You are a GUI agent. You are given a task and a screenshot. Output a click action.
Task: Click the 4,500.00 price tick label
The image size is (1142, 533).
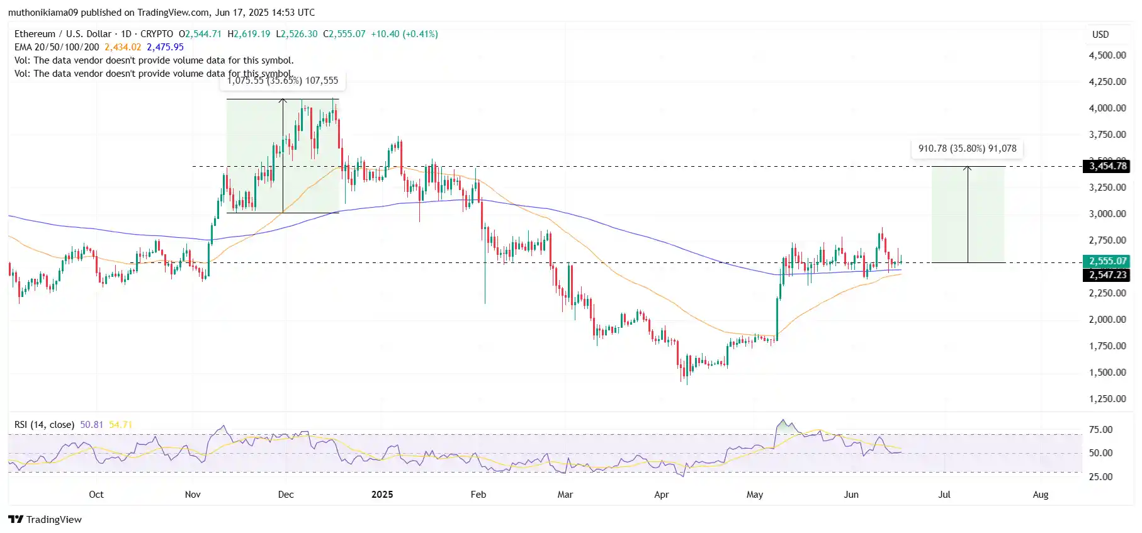1107,55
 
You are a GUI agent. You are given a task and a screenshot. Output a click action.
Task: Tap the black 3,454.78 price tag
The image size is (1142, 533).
1107,166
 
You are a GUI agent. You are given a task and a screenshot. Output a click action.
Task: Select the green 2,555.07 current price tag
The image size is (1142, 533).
1107,261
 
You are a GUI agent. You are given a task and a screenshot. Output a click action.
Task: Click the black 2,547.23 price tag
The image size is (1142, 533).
1107,275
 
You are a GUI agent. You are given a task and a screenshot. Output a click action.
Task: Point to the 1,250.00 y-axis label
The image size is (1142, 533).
1107,398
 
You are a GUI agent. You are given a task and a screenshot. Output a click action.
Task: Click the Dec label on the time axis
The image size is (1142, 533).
286,495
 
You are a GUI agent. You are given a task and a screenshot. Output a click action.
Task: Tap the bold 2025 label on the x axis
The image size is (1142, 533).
382,495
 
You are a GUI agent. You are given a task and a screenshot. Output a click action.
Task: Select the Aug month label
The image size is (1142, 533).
1041,495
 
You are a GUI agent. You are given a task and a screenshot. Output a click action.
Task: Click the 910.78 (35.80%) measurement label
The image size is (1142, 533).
967,149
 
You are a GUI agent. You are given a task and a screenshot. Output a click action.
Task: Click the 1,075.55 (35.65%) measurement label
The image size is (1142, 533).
282,81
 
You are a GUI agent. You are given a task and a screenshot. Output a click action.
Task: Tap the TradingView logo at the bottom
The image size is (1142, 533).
45,519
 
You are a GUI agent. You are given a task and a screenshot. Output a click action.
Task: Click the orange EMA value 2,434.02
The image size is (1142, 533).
123,47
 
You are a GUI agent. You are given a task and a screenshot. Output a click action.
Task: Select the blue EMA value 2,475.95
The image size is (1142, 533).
165,47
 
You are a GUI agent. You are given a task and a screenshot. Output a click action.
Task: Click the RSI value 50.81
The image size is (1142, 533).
91,425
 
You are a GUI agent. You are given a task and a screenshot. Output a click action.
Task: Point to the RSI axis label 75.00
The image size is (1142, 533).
1100,430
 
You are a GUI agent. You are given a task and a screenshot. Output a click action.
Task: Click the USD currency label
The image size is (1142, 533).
1100,35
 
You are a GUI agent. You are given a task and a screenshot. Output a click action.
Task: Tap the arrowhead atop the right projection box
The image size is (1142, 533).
968,168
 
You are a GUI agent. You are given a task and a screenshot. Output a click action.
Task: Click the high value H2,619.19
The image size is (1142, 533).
249,34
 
